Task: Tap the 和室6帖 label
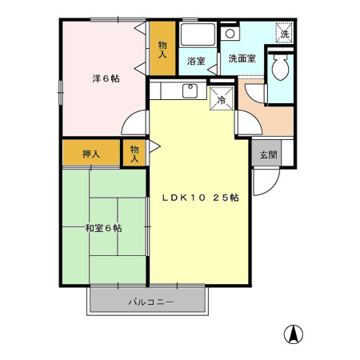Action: click(x=104, y=228)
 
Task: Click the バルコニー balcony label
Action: click(x=151, y=302)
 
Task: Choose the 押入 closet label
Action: click(x=90, y=153)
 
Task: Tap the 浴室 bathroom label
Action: click(x=196, y=60)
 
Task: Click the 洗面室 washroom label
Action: click(x=242, y=58)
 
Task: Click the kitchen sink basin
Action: click(x=191, y=90)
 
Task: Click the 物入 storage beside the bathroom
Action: click(x=162, y=47)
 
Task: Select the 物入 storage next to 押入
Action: click(x=134, y=153)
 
